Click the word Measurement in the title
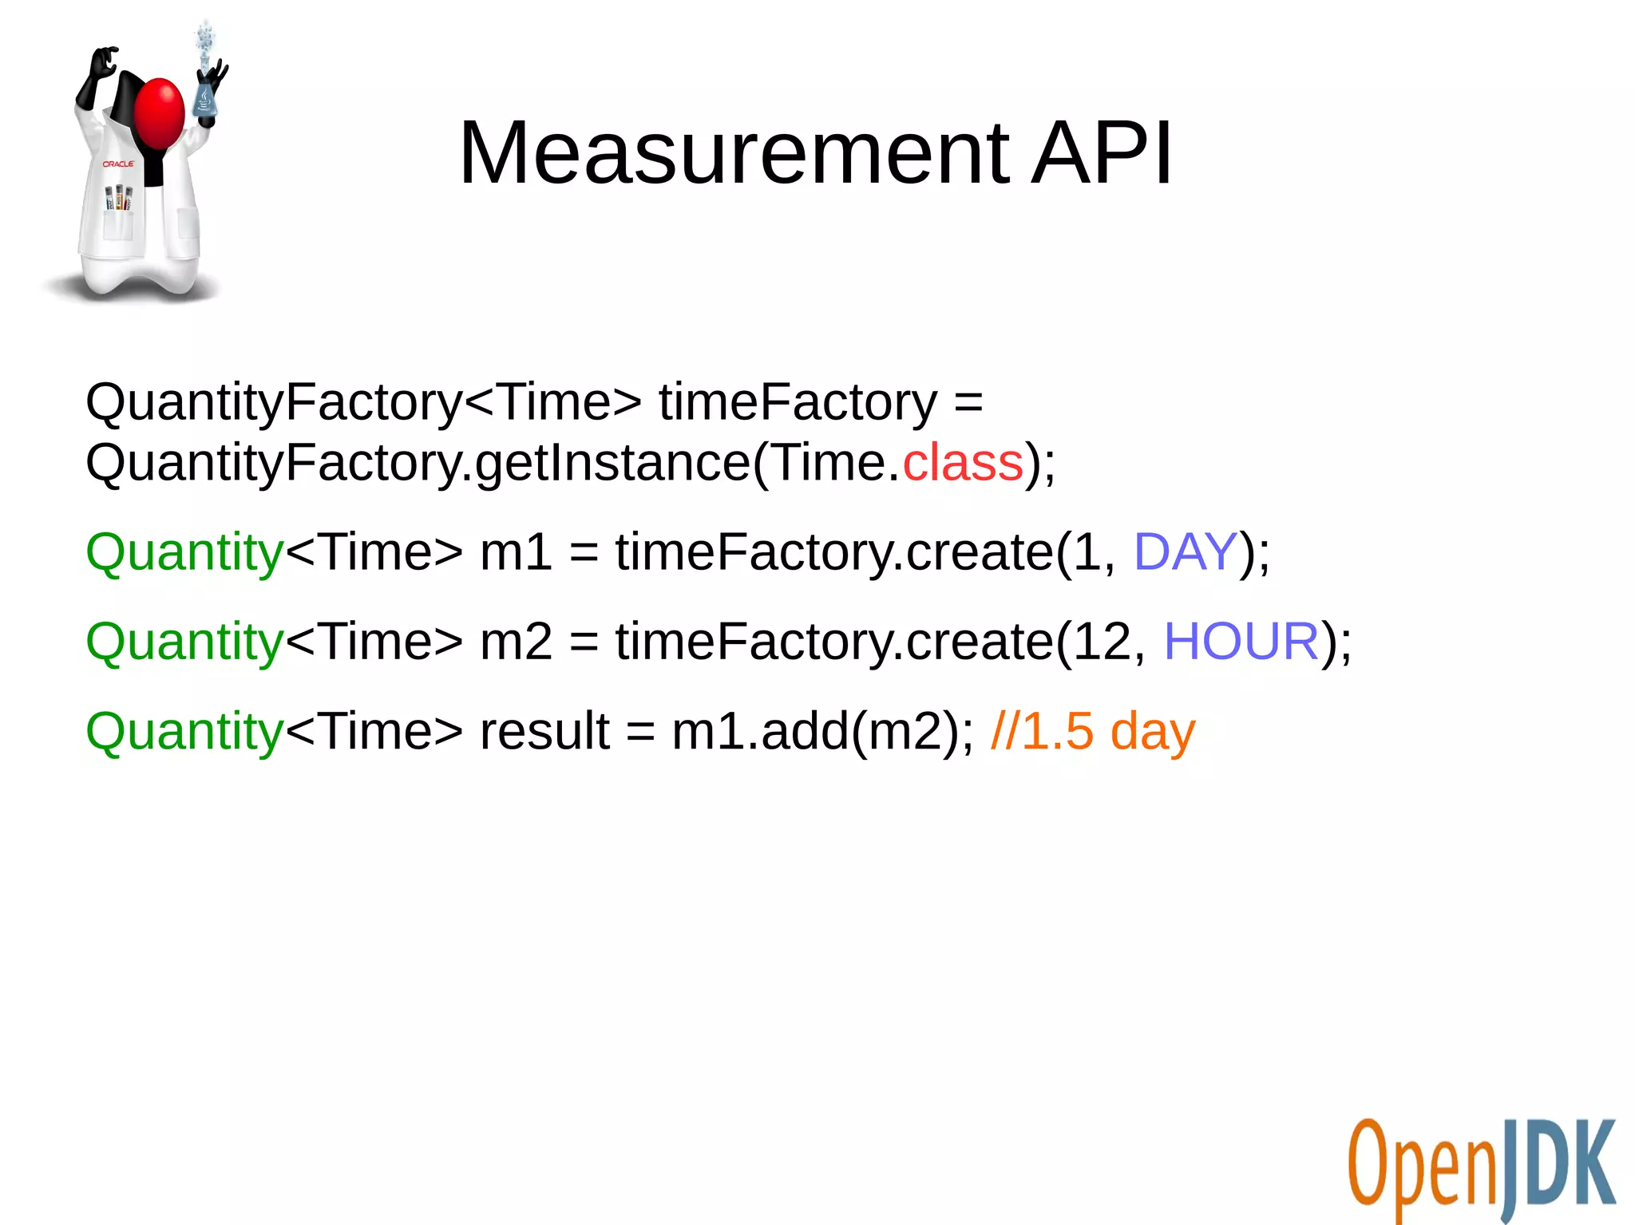[x=734, y=152]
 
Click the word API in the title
[x=1102, y=152]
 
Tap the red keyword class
[x=963, y=462]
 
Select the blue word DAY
[x=1185, y=551]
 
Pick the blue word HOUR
[x=1241, y=641]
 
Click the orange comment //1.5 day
[x=1092, y=731]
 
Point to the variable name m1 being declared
[x=515, y=551]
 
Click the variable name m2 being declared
[x=515, y=641]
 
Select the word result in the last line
[x=544, y=731]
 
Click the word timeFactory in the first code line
[x=798, y=401]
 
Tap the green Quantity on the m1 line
[x=184, y=553]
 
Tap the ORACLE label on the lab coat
[x=118, y=164]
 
